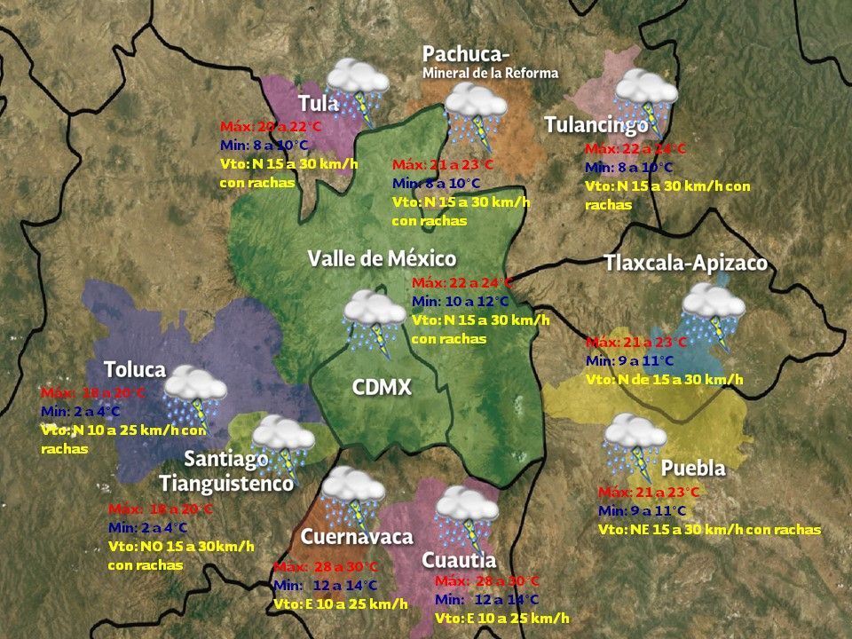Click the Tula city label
318,103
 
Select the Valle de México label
382,258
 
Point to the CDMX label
383,387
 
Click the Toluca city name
134,369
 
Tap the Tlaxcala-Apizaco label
685,264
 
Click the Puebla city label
693,468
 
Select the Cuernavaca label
357,537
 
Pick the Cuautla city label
458,560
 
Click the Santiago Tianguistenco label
226,471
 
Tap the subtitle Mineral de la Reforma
491,73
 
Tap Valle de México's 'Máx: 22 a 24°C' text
462,283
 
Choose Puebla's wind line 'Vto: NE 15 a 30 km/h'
709,529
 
